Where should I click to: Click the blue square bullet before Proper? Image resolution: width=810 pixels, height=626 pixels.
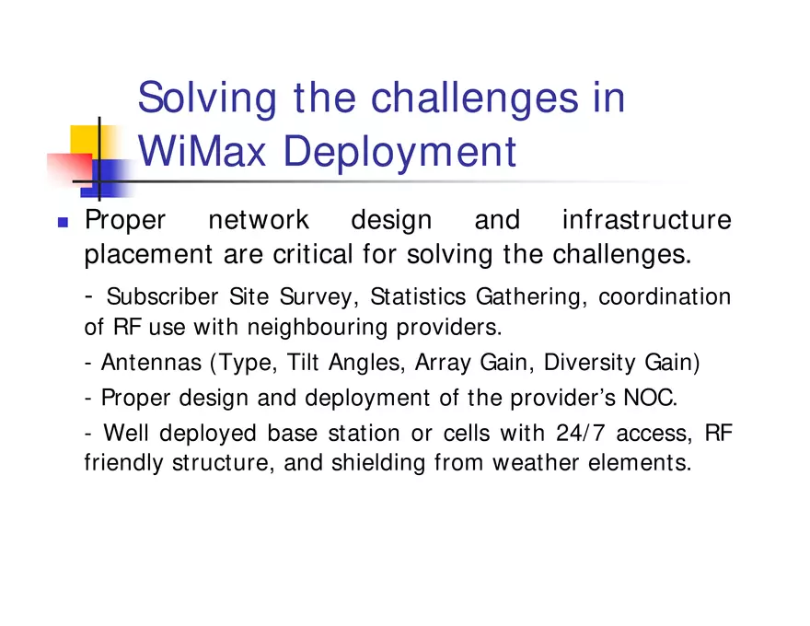click(x=63, y=222)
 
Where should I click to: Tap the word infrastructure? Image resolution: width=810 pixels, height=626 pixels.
click(x=646, y=221)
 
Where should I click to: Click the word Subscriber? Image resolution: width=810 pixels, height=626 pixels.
click(x=163, y=296)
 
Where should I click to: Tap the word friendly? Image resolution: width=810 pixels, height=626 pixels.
click(x=124, y=462)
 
